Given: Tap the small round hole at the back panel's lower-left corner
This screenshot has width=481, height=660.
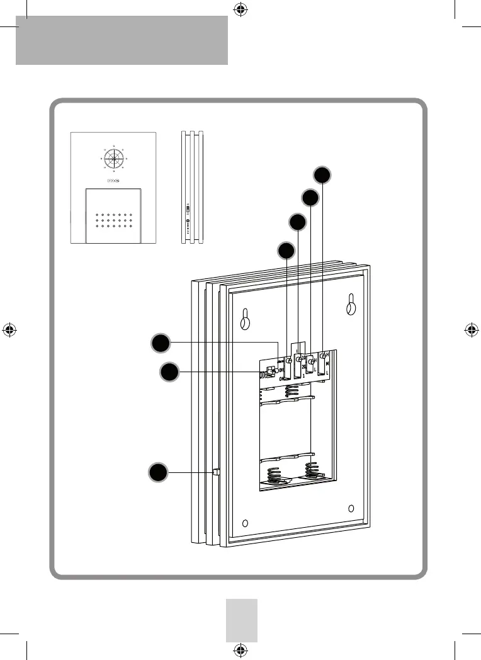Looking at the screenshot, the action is tap(246, 522).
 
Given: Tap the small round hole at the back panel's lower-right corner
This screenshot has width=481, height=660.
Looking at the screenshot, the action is tap(351, 508).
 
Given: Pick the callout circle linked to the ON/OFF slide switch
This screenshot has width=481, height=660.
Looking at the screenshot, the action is tap(168, 372).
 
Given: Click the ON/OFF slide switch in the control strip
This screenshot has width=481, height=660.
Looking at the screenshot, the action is tap(271, 372).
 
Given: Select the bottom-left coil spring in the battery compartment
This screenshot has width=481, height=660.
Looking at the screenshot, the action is tap(276, 476).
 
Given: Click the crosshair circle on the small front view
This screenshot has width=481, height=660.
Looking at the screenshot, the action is tap(113, 159).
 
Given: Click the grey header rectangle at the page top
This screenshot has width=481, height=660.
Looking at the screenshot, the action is tap(122, 40).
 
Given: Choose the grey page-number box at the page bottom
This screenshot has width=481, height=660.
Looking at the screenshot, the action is tap(242, 620).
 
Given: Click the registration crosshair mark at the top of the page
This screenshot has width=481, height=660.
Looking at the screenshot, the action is tap(239, 9).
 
